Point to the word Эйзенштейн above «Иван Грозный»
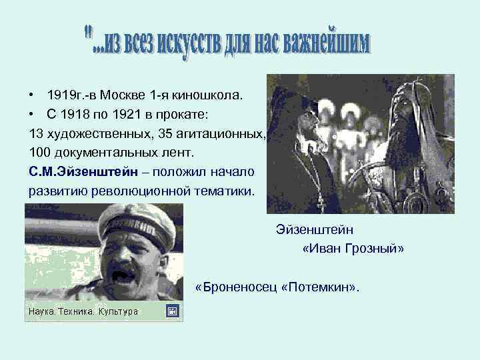(315, 230)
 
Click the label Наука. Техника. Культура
(83, 311)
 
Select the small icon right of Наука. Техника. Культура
(173, 311)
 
